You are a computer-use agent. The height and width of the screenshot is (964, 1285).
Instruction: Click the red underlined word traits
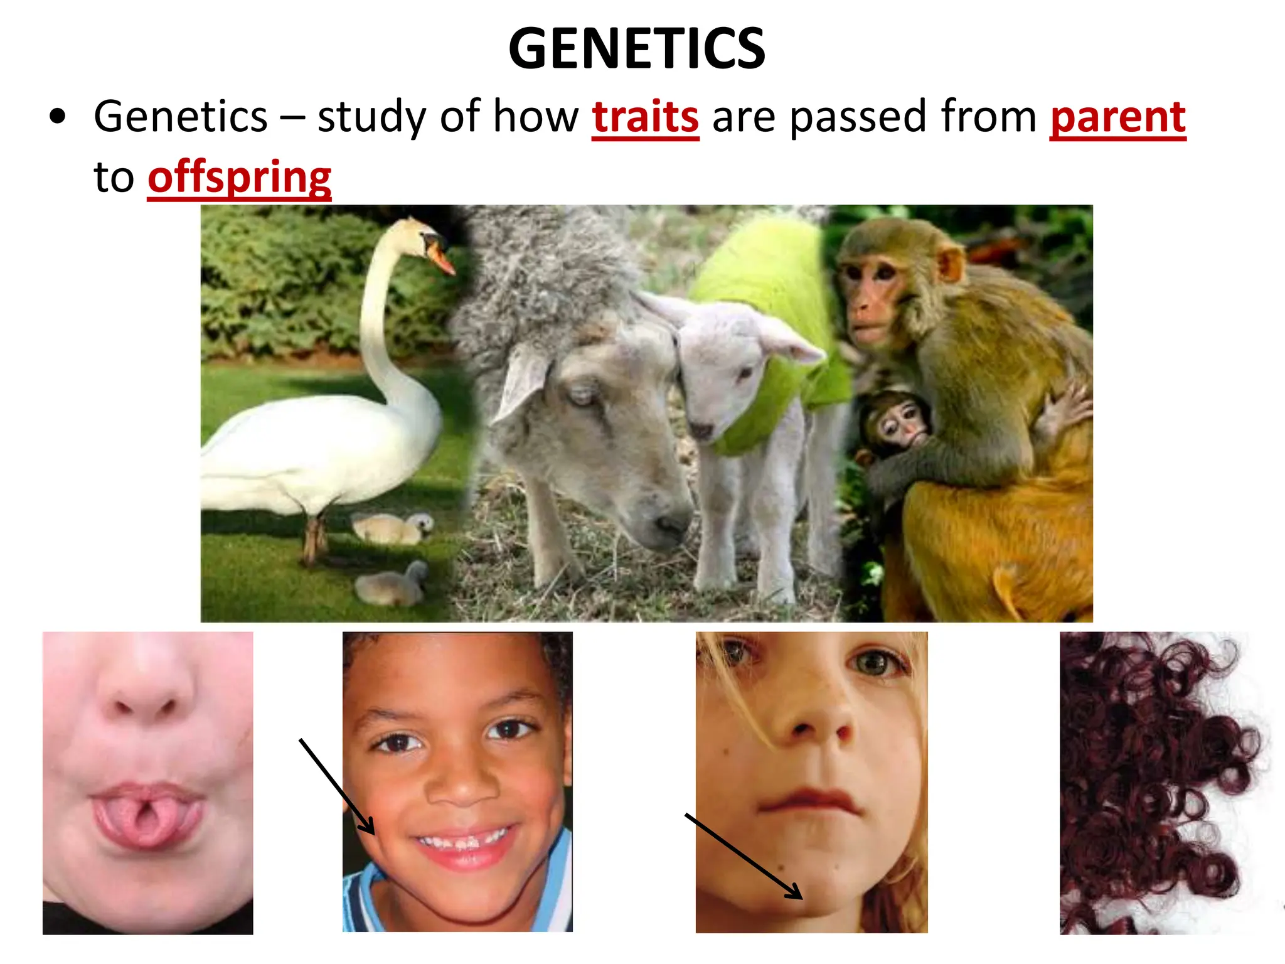click(x=645, y=117)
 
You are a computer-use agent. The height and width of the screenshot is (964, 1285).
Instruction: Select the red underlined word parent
click(x=1117, y=117)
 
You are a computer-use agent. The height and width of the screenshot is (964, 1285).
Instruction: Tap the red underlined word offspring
click(x=239, y=178)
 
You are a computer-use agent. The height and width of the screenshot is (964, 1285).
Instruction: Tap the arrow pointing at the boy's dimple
click(x=337, y=787)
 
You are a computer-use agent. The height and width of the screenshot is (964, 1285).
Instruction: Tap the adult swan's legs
click(x=314, y=537)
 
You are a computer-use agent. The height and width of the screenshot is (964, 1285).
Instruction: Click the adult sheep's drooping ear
click(x=521, y=383)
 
